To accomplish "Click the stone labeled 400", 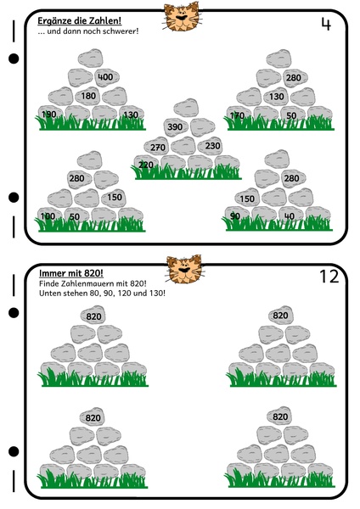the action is [107, 77].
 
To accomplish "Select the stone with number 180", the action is [87, 96].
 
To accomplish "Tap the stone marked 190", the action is [50, 114].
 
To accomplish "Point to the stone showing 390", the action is [176, 126].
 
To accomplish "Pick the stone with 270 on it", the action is [157, 147].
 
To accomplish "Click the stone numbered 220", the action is [146, 164].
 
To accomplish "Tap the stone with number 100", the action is [49, 215].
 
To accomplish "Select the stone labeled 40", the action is [290, 215].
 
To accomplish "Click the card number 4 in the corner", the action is [326, 25].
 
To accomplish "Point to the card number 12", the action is [329, 277].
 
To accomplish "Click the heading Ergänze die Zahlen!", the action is [80, 21].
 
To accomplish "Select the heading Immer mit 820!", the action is [71, 273].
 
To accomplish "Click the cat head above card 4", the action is [182, 16].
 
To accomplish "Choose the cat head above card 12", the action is [184, 270].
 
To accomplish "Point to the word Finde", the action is [48, 283].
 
